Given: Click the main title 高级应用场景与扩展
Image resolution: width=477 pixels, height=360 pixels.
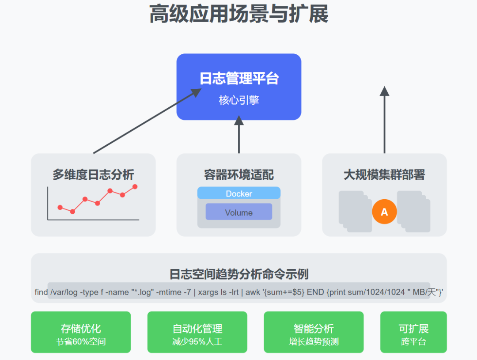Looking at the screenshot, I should [x=238, y=14].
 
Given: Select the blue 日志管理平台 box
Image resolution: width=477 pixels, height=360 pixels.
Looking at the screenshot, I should [x=238, y=87].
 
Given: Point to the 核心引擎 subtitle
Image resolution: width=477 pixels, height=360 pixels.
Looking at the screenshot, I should [x=238, y=100].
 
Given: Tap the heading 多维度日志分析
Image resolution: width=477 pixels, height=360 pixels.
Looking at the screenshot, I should [x=93, y=174].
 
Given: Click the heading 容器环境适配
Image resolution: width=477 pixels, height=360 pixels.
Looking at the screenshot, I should [x=238, y=174].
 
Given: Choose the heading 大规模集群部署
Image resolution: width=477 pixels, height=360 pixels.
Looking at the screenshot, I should [x=384, y=174].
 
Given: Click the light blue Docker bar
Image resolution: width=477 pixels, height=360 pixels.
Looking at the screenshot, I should [x=238, y=193].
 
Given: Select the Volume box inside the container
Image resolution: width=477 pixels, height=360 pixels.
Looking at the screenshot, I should [x=238, y=212].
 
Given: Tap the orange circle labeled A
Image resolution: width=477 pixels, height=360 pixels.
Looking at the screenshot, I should [x=384, y=212].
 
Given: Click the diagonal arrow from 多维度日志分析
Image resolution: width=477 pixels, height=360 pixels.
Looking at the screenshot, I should [x=146, y=121].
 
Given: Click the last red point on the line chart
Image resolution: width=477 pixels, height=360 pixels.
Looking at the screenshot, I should [x=135, y=187].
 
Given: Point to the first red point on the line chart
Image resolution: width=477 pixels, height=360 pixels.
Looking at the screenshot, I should [x=60, y=207].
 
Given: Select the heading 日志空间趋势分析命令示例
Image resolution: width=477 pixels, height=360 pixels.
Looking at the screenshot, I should [x=238, y=274].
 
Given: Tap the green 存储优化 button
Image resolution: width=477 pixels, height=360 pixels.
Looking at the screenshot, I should [x=81, y=332].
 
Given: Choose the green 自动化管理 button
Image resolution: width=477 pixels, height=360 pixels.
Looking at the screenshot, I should [x=197, y=332].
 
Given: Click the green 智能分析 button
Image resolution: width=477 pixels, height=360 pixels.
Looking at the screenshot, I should [x=314, y=332].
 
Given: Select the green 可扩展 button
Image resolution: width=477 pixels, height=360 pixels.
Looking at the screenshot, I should [x=413, y=332].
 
